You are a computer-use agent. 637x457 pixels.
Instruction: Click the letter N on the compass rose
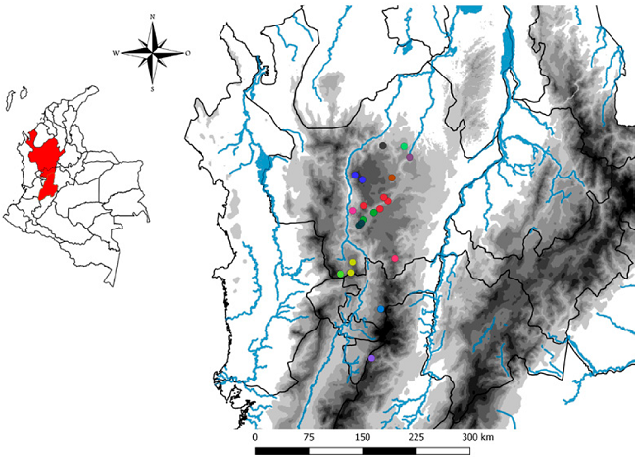click(x=152, y=17)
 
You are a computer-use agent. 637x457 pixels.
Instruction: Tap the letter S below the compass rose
click(x=152, y=88)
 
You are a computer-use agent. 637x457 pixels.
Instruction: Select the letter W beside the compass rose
click(x=116, y=53)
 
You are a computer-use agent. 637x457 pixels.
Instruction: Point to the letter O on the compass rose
click(x=188, y=53)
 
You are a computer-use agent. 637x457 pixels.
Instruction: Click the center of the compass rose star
click(x=152, y=52)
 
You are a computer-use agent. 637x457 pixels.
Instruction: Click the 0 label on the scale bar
click(x=255, y=436)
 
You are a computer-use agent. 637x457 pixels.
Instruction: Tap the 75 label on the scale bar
click(x=309, y=436)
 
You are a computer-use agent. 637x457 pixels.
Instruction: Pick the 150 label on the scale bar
click(x=363, y=436)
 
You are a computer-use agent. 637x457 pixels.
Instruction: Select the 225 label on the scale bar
click(x=416, y=436)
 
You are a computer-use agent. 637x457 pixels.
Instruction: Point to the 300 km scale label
click(x=479, y=436)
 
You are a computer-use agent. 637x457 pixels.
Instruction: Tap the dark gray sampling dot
click(x=383, y=146)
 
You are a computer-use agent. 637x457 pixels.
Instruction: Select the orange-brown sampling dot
click(x=391, y=178)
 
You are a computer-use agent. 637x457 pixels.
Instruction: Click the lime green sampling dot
click(x=340, y=274)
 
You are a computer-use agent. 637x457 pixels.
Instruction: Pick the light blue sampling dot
click(x=381, y=309)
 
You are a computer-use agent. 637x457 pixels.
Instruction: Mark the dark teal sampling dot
click(x=361, y=225)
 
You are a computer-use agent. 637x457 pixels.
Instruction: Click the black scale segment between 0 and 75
click(x=281, y=451)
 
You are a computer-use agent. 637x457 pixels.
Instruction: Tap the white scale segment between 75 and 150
click(x=335, y=451)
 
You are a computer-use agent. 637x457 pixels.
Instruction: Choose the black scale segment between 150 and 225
click(x=389, y=451)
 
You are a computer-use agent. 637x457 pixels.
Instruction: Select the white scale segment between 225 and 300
click(x=443, y=451)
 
